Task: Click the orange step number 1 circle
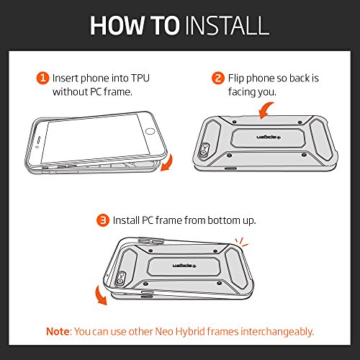[42, 78]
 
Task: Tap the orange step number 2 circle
[218, 78]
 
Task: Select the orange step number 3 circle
[103, 220]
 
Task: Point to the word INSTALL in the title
[228, 25]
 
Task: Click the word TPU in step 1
[140, 78]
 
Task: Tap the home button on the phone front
[150, 131]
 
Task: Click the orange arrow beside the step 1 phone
[167, 163]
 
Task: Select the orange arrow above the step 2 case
[266, 110]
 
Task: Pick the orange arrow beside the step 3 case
[101, 295]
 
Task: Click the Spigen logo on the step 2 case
[269, 138]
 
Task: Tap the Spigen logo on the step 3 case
[184, 266]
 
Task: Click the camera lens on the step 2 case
[204, 153]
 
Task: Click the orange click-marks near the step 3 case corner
[241, 242]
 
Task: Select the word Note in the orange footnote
[58, 331]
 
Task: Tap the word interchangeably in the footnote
[277, 332]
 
